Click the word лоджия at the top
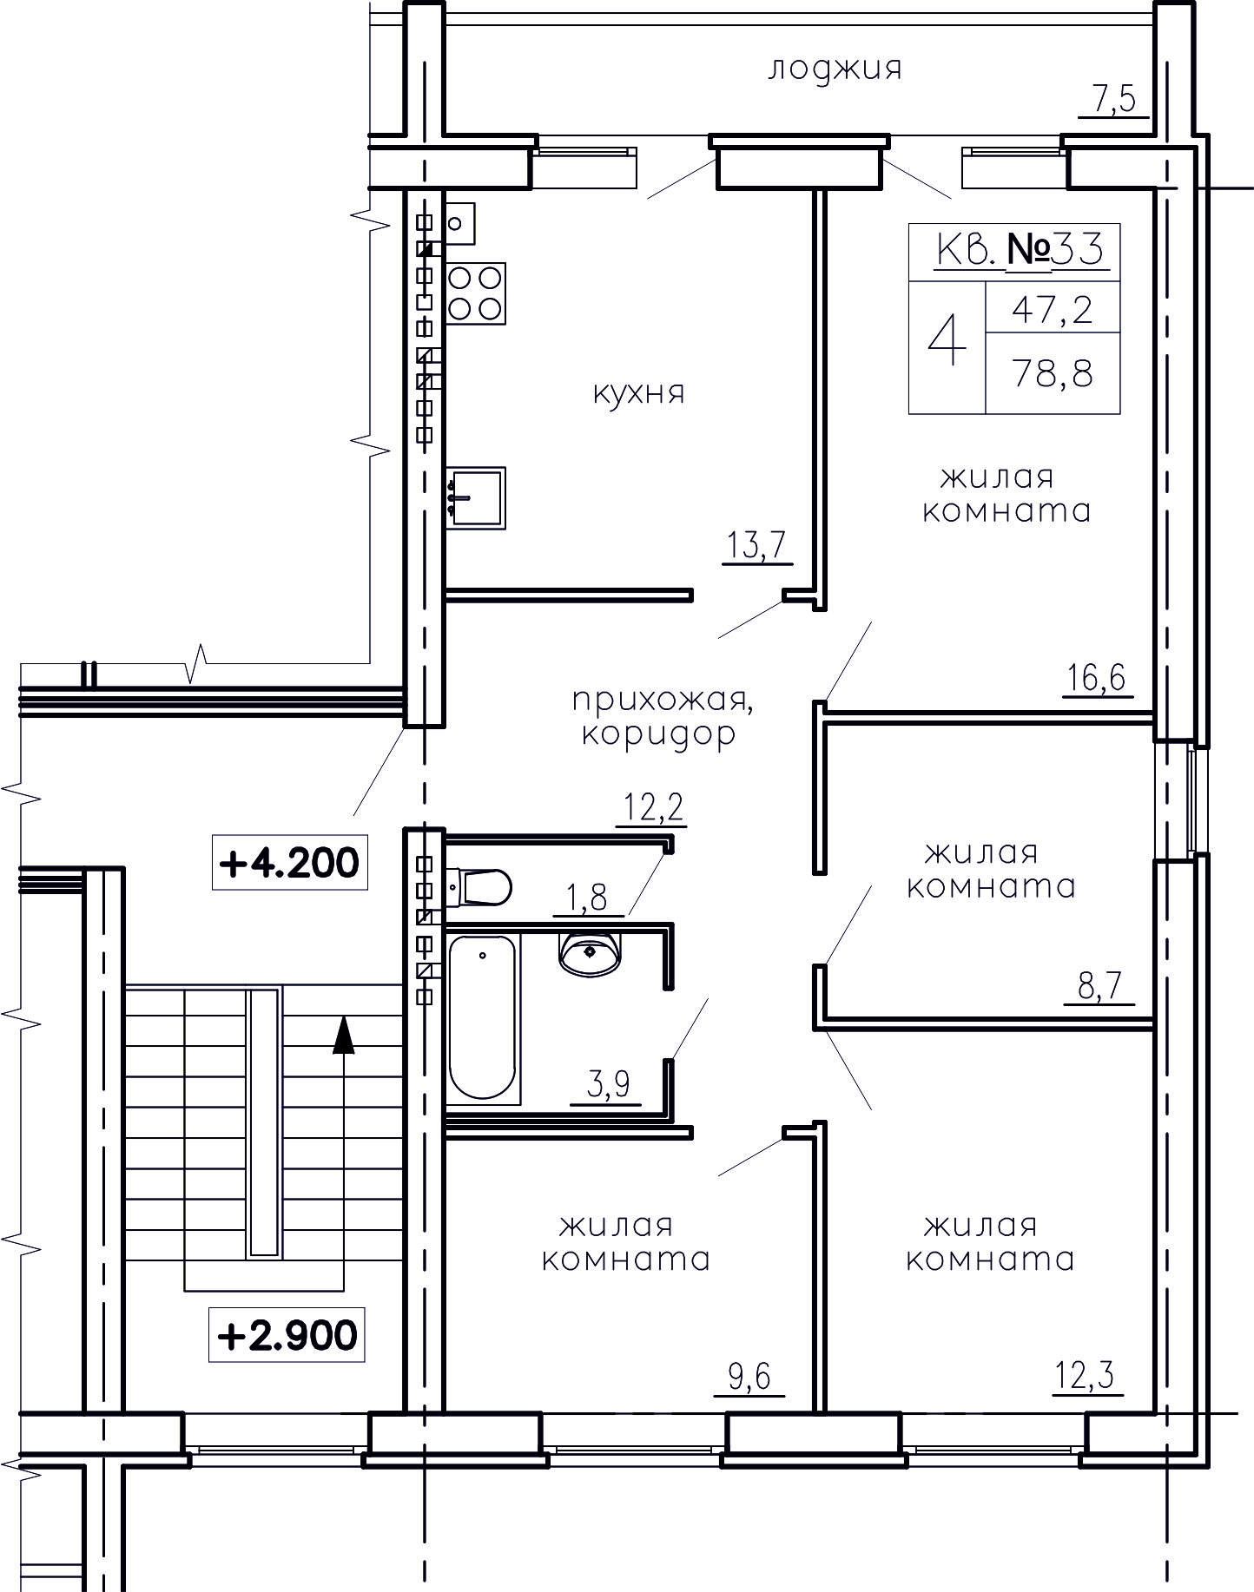835,69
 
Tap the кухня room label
638,393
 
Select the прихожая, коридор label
661,717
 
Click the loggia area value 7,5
1114,100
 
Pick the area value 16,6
1097,676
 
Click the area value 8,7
1099,986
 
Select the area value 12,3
1086,1377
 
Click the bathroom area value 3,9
607,1085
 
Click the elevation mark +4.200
290,863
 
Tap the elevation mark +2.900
287,1336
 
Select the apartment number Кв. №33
1020,251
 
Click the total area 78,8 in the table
1053,375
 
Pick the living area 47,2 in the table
1053,310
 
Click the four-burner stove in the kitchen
476,293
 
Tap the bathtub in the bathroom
483,1017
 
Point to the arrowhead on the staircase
345,1035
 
